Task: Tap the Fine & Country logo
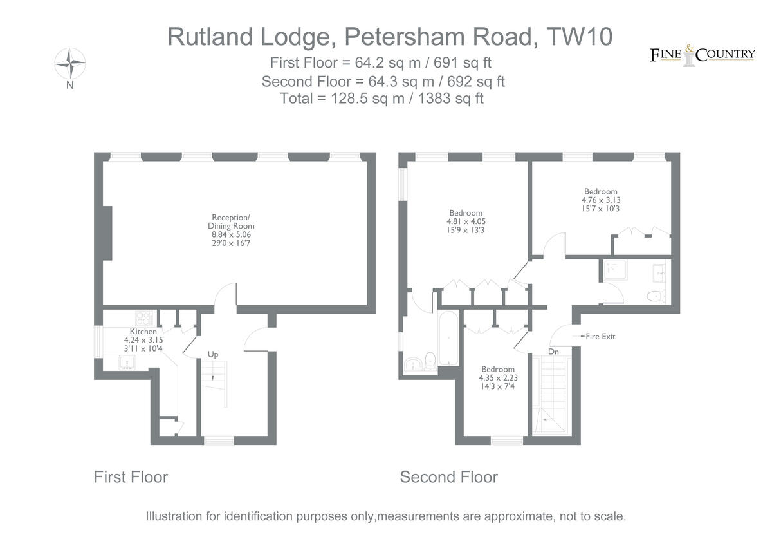702,55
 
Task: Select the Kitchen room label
143,331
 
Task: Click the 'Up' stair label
212,354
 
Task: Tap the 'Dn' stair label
553,352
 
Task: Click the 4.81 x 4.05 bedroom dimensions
466,222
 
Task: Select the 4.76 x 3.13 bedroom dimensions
600,200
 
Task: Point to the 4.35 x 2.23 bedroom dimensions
499,378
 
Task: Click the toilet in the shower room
655,296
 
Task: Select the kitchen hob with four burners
143,317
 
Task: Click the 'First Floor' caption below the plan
131,477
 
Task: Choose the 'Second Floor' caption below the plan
448,477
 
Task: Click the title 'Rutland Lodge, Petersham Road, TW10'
389,37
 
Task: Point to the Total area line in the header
382,99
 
